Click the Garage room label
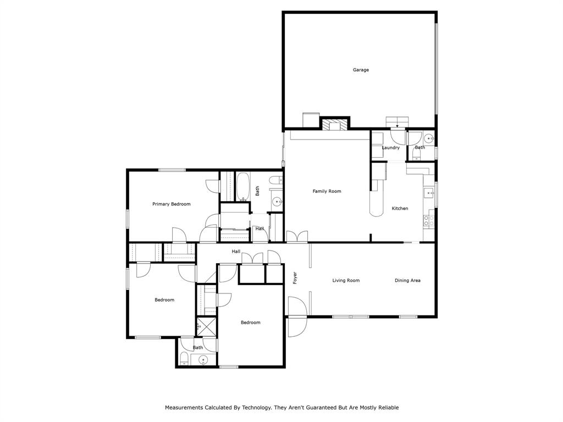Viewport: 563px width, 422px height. tap(361, 70)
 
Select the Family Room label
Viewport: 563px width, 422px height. tap(327, 191)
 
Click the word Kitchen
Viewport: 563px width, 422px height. tap(400, 208)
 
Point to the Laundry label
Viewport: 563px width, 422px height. tap(390, 147)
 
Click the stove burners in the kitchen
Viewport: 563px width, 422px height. tap(428, 221)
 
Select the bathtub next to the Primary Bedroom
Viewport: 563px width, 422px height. tap(242, 187)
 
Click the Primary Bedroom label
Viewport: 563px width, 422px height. tap(171, 204)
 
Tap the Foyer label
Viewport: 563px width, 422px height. tap(295, 277)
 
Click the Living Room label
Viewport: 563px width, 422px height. tap(346, 280)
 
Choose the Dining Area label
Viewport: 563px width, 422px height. tap(407, 280)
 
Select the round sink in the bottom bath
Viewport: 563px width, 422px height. tap(203, 360)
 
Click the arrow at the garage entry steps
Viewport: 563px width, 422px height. tap(398, 126)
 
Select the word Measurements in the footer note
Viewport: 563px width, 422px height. tap(184, 408)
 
